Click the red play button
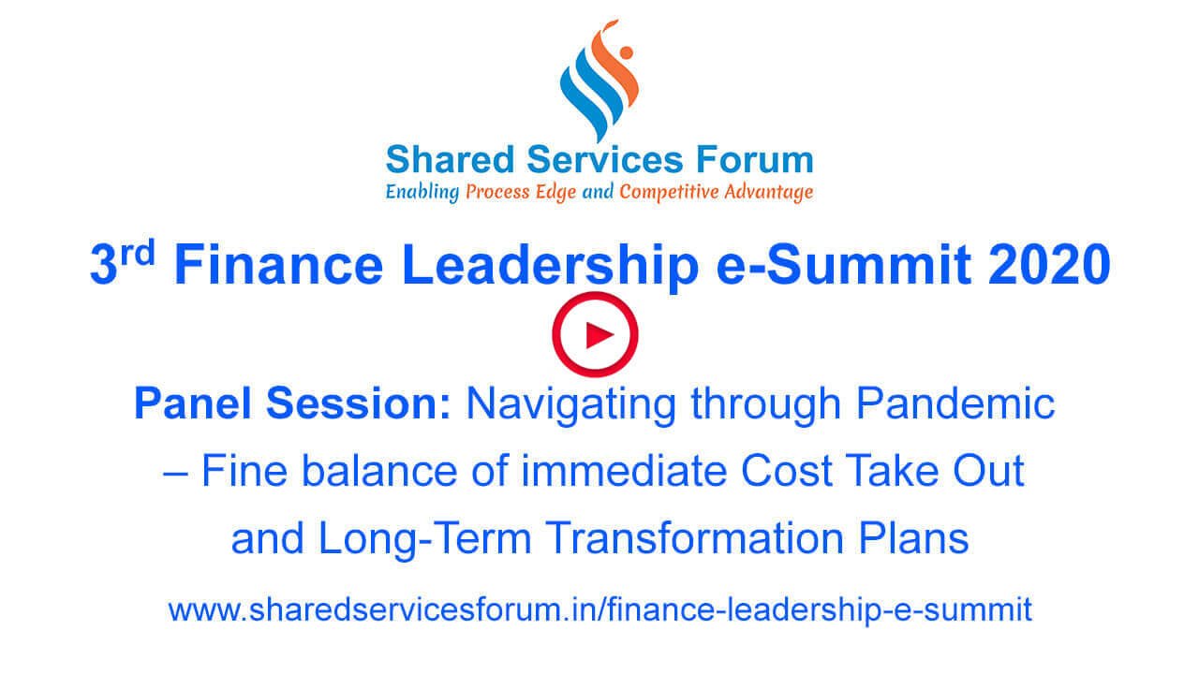point(595,334)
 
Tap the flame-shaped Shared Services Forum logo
point(599,81)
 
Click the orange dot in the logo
point(627,52)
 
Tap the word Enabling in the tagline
point(422,193)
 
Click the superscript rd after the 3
point(138,252)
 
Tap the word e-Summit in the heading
point(844,265)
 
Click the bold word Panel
point(192,403)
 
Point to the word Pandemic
point(955,403)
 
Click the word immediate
point(623,471)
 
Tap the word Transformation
point(694,538)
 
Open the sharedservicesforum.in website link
point(600,609)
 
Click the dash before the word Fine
point(175,474)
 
